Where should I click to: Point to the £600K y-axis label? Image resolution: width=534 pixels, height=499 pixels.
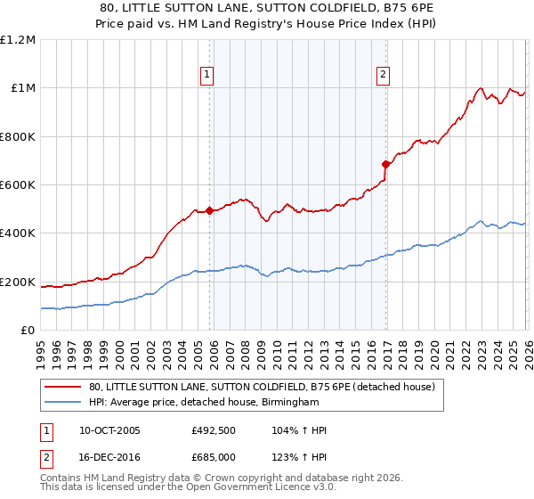pyautogui.click(x=18, y=185)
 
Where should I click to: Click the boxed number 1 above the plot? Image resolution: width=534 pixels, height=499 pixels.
pyautogui.click(x=206, y=76)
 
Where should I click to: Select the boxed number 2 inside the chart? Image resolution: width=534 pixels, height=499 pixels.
pyautogui.click(x=383, y=76)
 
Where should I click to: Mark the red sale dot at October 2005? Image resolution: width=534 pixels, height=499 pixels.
pyautogui.click(x=209, y=211)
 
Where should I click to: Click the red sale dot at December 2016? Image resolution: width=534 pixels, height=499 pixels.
pyautogui.click(x=385, y=164)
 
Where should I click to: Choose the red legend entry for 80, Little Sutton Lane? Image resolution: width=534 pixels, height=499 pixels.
pyautogui.click(x=262, y=387)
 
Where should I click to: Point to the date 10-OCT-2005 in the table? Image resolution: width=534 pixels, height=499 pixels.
pyautogui.click(x=109, y=430)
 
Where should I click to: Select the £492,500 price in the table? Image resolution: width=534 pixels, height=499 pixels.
pyautogui.click(x=213, y=430)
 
